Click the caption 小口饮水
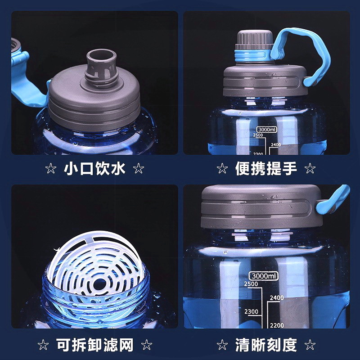point(94,169)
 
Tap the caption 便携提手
point(266,169)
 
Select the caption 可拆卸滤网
point(94,345)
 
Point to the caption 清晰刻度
point(266,345)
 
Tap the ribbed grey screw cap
point(255,40)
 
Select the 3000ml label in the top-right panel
point(266,130)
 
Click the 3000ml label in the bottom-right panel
point(264,276)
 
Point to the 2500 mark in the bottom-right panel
point(251,284)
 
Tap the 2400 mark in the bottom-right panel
point(277,298)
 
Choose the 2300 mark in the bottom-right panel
point(251,311)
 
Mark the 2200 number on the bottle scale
point(277,325)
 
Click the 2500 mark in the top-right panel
point(258,135)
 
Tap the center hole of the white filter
point(99,285)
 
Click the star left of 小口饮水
point(51,169)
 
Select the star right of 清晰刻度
point(310,345)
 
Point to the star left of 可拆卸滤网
point(43,345)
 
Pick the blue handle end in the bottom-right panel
point(333,199)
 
